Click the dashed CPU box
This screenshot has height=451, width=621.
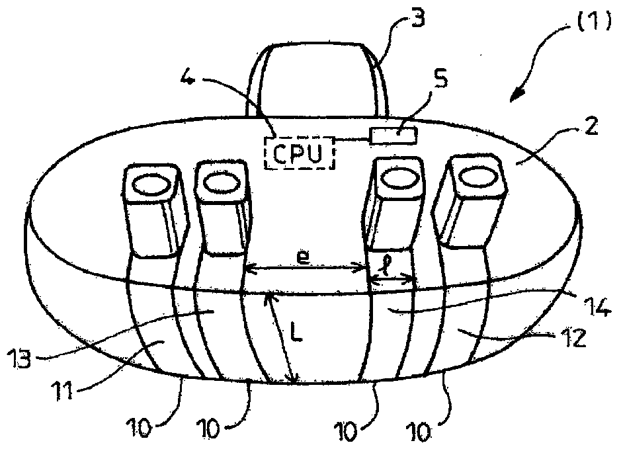(x=300, y=153)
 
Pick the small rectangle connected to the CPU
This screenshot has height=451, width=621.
(x=394, y=135)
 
